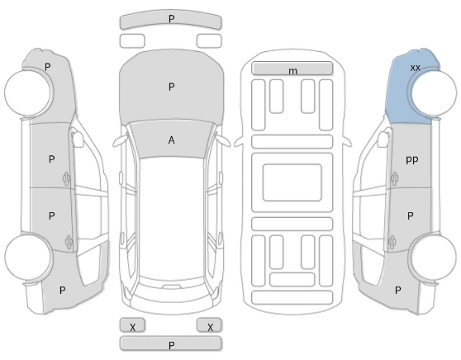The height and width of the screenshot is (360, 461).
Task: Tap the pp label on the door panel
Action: click(411, 159)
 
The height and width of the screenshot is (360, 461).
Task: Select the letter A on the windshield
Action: click(171, 140)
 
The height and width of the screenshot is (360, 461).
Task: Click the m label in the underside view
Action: click(292, 71)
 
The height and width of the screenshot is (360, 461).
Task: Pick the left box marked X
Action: click(132, 325)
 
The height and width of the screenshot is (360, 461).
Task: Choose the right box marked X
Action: click(209, 325)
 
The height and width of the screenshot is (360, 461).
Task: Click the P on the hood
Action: click(171, 87)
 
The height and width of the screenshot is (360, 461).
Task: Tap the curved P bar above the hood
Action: click(170, 20)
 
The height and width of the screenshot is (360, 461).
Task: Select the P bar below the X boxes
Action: click(170, 343)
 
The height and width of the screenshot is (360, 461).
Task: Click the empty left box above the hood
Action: click(132, 40)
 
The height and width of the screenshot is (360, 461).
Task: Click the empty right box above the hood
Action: click(209, 40)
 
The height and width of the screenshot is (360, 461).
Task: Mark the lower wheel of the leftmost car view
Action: click(29, 257)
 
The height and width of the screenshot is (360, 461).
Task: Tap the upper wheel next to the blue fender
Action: click(435, 92)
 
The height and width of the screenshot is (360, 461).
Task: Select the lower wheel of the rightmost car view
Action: click(435, 258)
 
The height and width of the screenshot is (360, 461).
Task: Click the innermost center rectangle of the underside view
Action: click(292, 182)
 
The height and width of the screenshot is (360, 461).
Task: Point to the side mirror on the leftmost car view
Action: click(78, 139)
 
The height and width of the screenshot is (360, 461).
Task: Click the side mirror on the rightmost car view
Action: click(383, 139)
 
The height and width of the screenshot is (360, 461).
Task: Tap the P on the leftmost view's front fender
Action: click(47, 67)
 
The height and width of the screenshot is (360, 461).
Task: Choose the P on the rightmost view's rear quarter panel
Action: click(397, 291)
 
